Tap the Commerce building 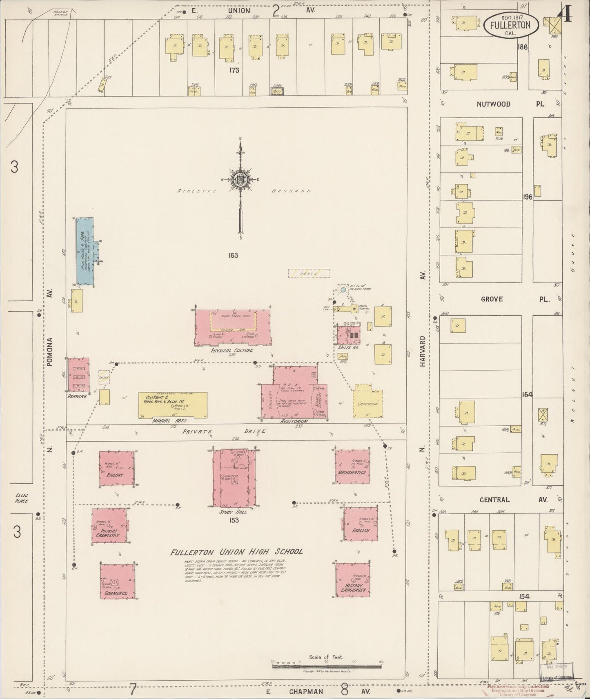coord(117,582)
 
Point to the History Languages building coord(353,580)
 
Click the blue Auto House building coord(85,251)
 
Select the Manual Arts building coord(173,405)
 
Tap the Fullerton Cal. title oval coord(510,24)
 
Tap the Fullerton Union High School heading coord(236,552)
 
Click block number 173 coord(234,70)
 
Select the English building coord(361,524)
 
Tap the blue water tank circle coord(343,290)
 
